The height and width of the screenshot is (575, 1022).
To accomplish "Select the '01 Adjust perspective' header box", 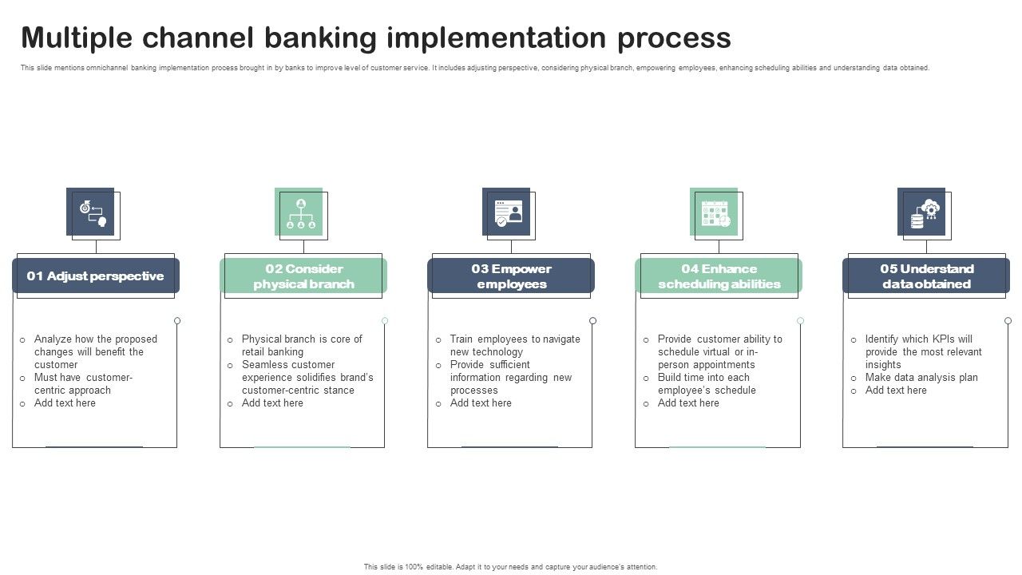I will (x=95, y=276).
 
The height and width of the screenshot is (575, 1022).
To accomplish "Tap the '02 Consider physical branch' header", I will (x=303, y=276).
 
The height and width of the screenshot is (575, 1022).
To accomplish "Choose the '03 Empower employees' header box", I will (x=511, y=276).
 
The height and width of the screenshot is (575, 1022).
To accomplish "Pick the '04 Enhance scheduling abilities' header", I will (x=719, y=276).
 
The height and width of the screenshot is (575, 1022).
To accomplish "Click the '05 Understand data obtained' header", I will (x=926, y=276).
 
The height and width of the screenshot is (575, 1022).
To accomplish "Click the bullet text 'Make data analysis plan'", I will (x=921, y=378).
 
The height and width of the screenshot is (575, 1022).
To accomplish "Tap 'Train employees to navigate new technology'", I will (x=514, y=346).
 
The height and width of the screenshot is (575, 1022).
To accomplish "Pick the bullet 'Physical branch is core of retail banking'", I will (x=301, y=346).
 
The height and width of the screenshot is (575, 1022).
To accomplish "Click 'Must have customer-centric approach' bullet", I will (x=83, y=384).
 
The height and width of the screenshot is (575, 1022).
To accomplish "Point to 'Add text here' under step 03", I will (x=481, y=403).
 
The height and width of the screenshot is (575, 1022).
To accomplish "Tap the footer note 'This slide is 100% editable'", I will (x=511, y=567).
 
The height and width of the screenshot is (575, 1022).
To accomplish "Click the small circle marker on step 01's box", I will (x=177, y=321).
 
